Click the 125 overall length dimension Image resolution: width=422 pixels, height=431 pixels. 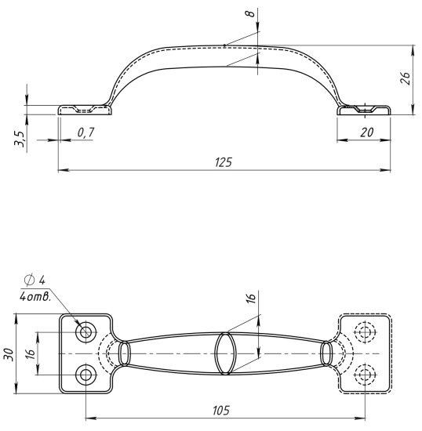224,162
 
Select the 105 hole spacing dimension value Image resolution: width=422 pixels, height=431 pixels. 221,411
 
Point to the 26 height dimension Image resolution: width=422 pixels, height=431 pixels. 406,78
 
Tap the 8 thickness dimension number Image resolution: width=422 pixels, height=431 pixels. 250,13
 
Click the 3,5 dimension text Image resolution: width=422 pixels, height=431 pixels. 20,139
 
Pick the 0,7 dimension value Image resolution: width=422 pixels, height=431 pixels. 85,132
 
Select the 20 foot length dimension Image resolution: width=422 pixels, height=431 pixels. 367,132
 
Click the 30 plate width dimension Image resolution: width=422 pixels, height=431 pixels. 9,355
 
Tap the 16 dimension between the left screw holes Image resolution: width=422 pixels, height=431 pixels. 31,353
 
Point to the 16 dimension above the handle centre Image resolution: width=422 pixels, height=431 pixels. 251,298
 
